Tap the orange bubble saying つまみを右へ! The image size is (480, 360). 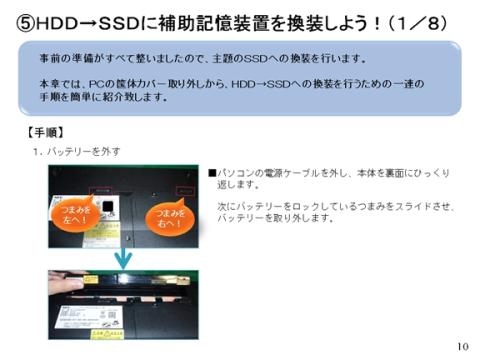(167, 218)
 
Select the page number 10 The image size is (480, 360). (461, 346)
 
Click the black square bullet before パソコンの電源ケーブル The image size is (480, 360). (212, 172)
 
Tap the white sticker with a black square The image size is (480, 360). (109, 205)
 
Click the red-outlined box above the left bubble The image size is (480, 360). (102, 185)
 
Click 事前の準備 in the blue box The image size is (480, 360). (58, 61)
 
